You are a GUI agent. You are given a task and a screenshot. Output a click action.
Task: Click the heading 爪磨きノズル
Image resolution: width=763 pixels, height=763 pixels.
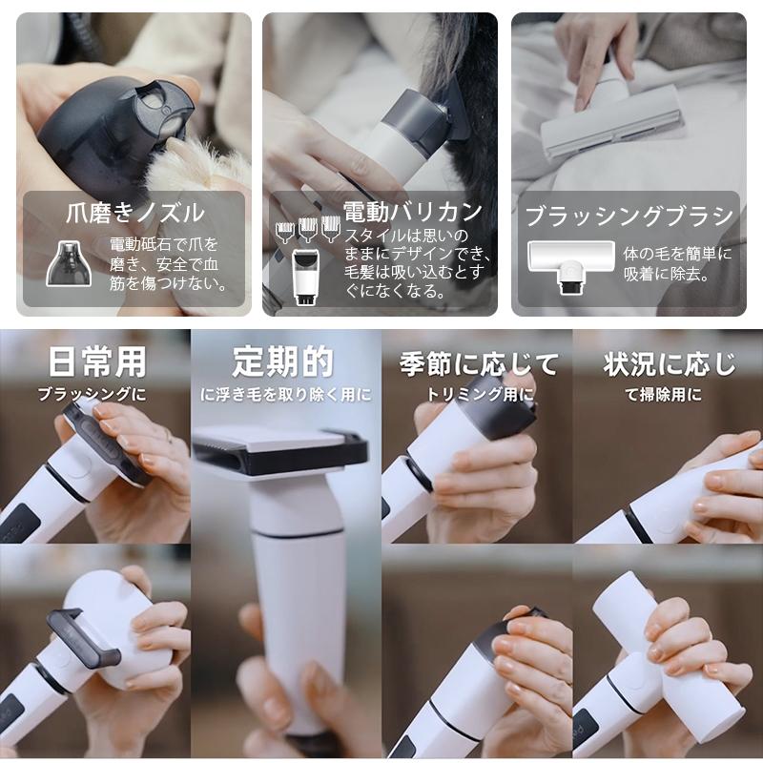[x=134, y=212]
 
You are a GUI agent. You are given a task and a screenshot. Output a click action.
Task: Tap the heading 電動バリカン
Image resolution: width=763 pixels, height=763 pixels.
[x=412, y=211]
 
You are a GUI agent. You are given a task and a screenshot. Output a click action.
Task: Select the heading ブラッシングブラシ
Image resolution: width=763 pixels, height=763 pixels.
[x=630, y=215]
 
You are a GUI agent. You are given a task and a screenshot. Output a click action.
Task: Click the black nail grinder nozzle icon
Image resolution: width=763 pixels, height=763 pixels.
[x=68, y=262]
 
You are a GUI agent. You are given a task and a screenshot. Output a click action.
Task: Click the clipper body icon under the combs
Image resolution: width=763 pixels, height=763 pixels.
[x=305, y=276]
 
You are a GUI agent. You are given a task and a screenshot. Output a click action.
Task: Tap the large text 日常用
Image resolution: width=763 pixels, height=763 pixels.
[x=97, y=361]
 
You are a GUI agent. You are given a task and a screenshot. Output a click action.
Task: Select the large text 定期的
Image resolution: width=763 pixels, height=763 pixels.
[x=283, y=361]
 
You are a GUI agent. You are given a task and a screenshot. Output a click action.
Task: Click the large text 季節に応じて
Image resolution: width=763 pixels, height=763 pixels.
[x=478, y=363]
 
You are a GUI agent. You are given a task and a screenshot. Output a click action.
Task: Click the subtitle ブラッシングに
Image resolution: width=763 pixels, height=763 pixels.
[x=93, y=393]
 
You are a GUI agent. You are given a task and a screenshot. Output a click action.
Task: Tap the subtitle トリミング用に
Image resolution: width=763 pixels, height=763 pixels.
[x=477, y=393]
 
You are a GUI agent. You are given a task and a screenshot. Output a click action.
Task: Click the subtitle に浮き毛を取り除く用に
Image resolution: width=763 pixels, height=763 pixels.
[x=285, y=393]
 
